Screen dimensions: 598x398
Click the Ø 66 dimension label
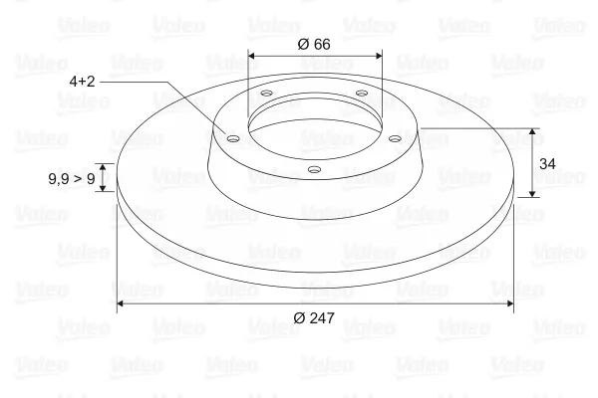tap(314, 44)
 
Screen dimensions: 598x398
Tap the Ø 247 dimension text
tap(314, 317)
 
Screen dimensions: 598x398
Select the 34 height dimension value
tap(547, 164)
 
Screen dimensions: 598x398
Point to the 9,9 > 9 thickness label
tap(72, 178)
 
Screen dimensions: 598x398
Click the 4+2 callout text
tap(82, 82)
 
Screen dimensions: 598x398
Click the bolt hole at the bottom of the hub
tap(314, 169)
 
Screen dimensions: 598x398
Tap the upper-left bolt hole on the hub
tap(266, 93)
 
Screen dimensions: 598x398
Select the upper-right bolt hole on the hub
tap(361, 93)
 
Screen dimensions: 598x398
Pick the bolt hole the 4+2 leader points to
tap(232, 138)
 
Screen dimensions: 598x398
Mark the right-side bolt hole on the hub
tap(395, 138)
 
